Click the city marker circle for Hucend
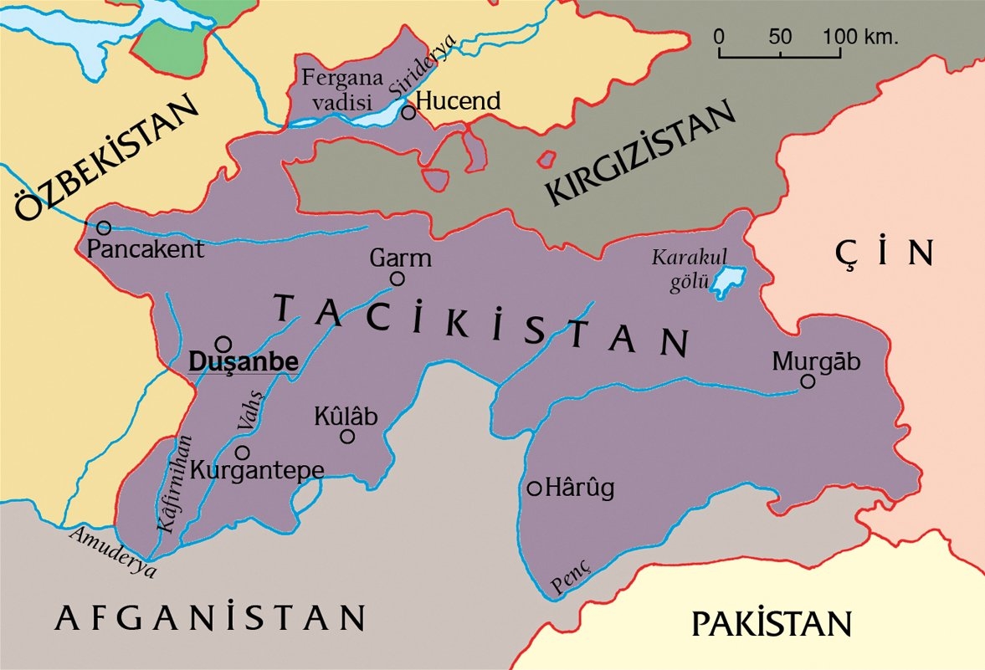point(408,112)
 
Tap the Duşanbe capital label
point(244,362)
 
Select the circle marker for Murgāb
point(808,381)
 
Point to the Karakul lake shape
point(728,281)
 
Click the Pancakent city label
point(146,249)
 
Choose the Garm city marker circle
point(398,279)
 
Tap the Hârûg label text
point(579,488)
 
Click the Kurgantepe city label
point(257,470)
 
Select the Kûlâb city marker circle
point(347,436)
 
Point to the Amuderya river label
point(114,553)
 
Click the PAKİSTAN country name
point(771,624)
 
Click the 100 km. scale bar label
point(859,38)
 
